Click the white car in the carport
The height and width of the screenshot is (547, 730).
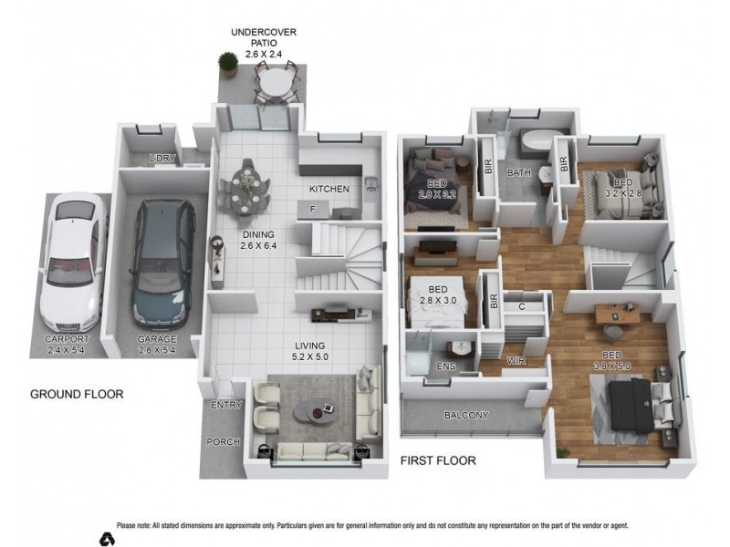point(70,264)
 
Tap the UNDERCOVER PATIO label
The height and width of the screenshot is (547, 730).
point(263,43)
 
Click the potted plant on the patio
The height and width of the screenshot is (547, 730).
point(226,65)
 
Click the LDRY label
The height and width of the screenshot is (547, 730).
point(163,159)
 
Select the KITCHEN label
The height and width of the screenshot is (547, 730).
point(328,189)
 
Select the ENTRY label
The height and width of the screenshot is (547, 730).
point(225,405)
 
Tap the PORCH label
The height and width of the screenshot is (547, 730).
point(223,442)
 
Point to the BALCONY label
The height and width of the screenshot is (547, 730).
point(465,416)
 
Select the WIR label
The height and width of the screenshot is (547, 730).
point(516,361)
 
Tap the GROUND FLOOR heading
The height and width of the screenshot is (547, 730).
point(77,395)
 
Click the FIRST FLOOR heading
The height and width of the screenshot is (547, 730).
point(438,460)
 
